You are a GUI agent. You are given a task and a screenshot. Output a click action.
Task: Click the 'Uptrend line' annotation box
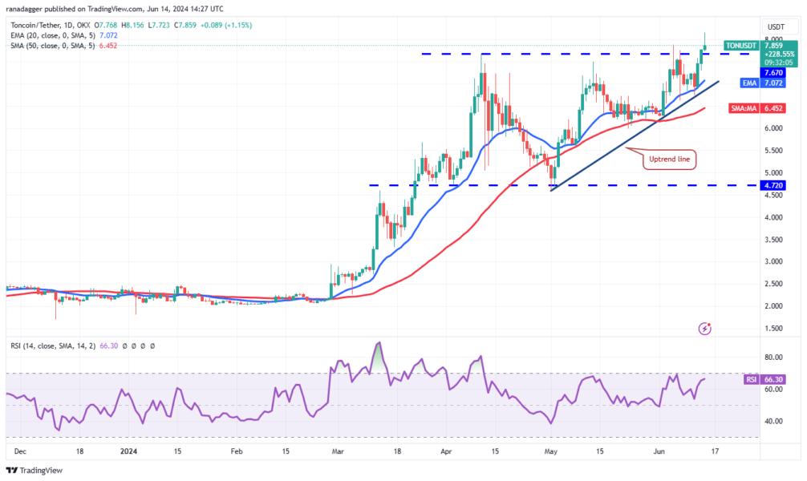point(668,160)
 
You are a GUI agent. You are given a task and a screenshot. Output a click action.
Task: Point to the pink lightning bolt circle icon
point(704,328)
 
